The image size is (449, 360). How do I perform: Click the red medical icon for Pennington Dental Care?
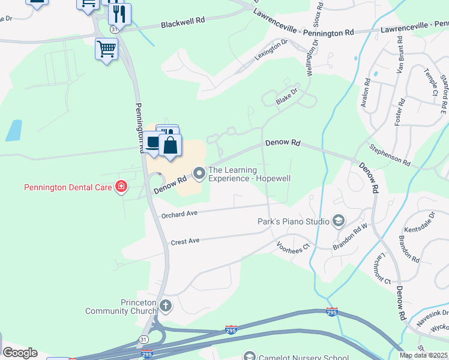[x=121, y=187]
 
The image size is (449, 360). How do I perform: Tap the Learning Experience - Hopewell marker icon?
[x=199, y=174]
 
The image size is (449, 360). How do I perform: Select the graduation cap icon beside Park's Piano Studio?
[x=339, y=222]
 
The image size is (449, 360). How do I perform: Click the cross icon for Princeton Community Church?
[x=166, y=306]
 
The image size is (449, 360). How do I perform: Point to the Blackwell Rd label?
[x=183, y=23]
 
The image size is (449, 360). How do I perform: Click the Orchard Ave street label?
[x=179, y=214]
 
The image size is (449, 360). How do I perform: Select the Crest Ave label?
[x=184, y=241]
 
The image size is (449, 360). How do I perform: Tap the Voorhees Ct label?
[x=292, y=245]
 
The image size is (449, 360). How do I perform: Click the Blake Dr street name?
[x=286, y=95]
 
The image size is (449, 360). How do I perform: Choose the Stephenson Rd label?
[x=390, y=155]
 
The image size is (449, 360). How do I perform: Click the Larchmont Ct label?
[x=380, y=266]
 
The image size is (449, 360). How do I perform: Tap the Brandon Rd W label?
[x=351, y=235]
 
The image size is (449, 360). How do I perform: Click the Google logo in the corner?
[x=20, y=353]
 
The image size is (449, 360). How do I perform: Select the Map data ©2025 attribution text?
[x=423, y=355]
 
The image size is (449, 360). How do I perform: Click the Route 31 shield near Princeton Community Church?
[x=143, y=339]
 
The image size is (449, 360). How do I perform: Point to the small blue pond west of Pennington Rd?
[x=13, y=130]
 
